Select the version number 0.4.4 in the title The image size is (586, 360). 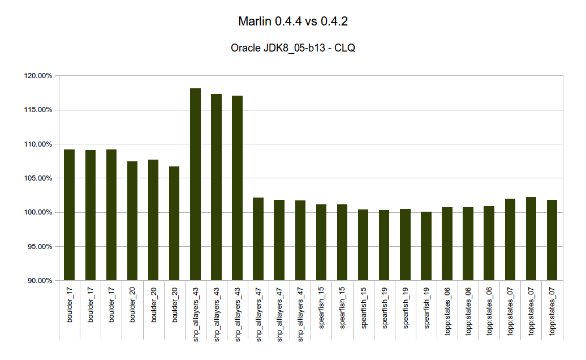(x=288, y=22)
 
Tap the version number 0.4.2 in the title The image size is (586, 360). (x=334, y=22)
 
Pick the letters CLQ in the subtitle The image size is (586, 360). (x=344, y=48)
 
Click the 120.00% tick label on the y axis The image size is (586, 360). (x=38, y=76)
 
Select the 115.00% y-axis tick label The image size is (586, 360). (x=38, y=110)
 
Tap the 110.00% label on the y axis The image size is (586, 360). (x=38, y=144)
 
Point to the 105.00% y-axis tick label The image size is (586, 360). (x=38, y=178)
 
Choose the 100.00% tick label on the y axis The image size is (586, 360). (x=38, y=212)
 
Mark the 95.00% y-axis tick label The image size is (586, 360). (x=40, y=247)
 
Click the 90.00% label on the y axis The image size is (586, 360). (x=40, y=281)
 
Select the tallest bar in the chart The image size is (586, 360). (x=196, y=185)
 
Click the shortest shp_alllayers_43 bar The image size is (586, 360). (x=238, y=188)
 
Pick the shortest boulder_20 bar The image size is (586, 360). (x=174, y=224)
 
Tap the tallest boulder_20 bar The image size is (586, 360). (x=153, y=220)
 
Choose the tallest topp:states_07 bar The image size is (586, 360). (x=531, y=239)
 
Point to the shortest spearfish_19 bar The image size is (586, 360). (x=426, y=246)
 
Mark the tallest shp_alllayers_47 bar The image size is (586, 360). (x=258, y=239)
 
